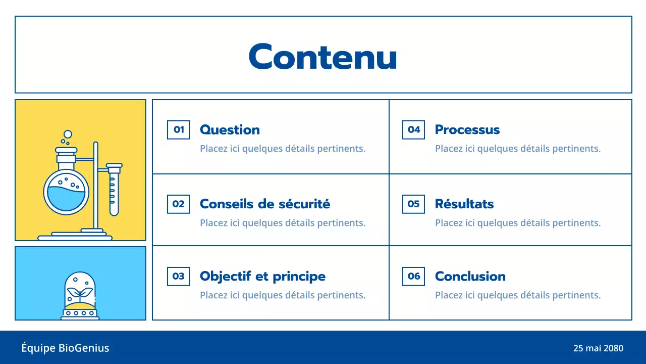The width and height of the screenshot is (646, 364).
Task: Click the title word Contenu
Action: (323, 56)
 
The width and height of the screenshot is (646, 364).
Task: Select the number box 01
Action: (178, 130)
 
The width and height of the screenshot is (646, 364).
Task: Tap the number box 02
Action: (178, 204)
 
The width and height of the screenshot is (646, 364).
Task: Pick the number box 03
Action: (178, 277)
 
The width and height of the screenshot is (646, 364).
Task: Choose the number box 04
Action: (414, 130)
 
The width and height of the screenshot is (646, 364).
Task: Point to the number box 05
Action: (414, 204)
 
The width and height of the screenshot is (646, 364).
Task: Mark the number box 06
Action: (414, 277)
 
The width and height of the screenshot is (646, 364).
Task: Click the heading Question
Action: (230, 130)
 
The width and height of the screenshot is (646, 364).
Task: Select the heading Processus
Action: (467, 130)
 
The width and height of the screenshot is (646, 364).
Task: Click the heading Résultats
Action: (464, 204)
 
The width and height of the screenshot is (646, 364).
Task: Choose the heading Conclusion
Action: (470, 277)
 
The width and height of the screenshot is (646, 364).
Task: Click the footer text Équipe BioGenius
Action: (65, 348)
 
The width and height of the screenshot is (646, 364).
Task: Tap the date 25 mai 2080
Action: (598, 348)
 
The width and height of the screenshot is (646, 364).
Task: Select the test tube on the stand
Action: (114, 190)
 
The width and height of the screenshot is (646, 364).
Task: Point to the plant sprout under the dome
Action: (80, 293)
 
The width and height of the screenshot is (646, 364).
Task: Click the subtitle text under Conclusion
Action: (518, 295)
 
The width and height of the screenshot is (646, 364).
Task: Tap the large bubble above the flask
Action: (68, 134)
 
